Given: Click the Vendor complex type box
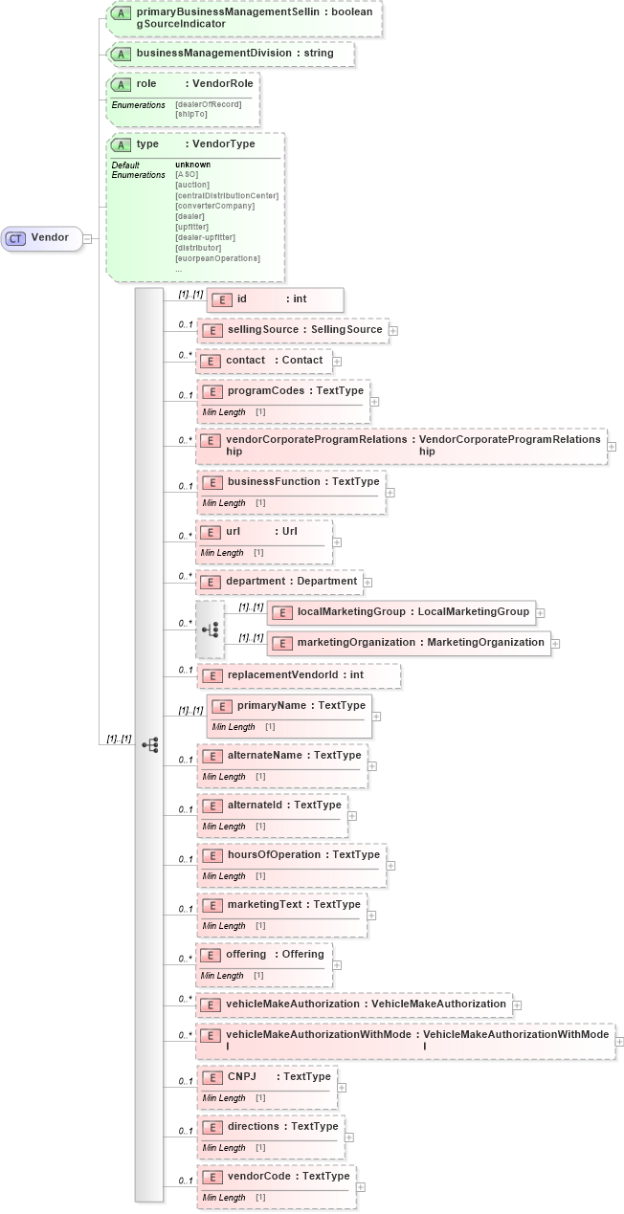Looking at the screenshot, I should click(42, 238).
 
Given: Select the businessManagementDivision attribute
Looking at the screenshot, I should click(234, 54).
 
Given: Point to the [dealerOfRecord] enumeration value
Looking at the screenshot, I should click(208, 104).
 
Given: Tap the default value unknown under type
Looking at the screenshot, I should click(192, 165).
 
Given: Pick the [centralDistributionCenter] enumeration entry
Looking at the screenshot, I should click(227, 195).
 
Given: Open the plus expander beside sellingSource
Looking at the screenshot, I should click(393, 330).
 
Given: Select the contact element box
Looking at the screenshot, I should click(264, 361).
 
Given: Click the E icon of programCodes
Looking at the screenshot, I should click(212, 391).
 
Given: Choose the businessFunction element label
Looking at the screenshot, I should click(277, 481).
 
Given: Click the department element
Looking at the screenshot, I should click(279, 581).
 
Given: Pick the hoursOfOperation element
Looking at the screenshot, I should click(277, 854).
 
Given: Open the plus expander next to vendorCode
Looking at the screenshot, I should click(360, 1187).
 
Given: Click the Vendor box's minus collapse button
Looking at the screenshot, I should click(87, 238).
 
